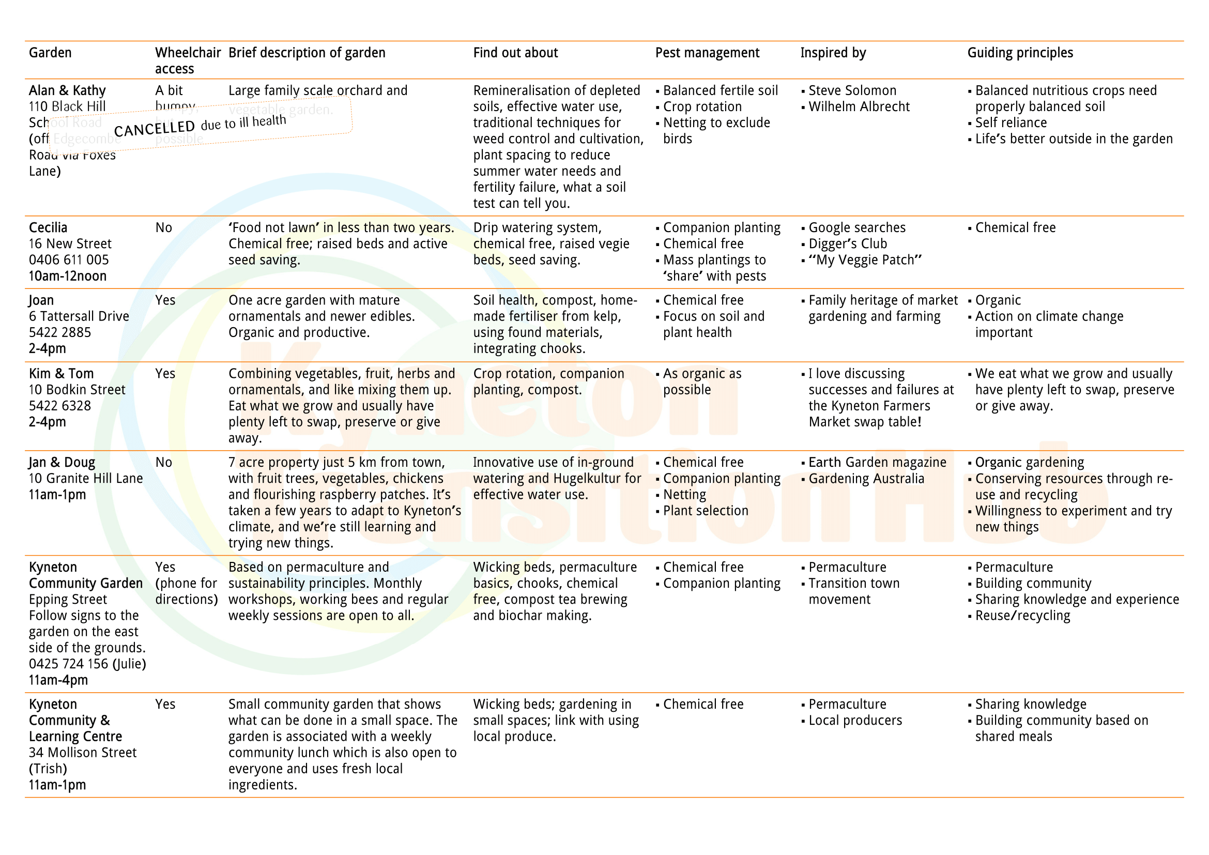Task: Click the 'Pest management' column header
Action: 707,53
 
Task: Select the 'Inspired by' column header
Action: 833,53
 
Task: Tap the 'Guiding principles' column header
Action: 1019,53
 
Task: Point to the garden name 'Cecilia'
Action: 48,227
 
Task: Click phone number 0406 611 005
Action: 68,259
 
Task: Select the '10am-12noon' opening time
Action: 67,276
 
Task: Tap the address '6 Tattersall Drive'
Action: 79,316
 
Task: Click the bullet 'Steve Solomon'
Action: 852,90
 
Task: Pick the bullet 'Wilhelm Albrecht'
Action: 859,106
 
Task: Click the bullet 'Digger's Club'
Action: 847,244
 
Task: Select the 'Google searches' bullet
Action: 856,227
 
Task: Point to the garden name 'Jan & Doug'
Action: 62,462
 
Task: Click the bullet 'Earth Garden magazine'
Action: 877,462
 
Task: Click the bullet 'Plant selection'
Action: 705,511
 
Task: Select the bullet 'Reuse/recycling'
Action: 1022,616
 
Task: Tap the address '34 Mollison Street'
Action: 83,752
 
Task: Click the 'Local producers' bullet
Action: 854,720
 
